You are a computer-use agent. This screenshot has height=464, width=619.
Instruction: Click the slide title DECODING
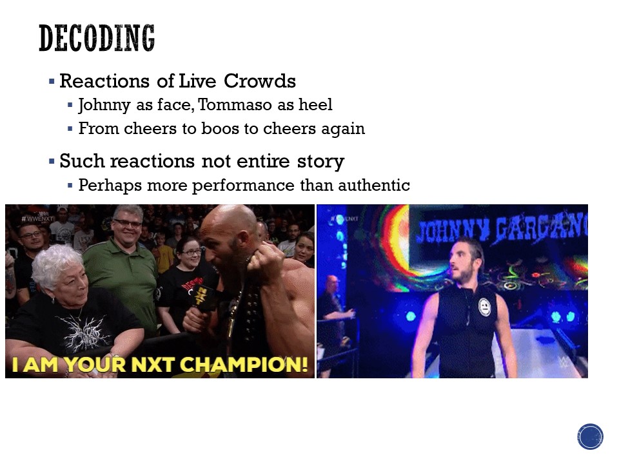point(97,38)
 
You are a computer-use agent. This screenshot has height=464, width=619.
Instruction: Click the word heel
point(315,104)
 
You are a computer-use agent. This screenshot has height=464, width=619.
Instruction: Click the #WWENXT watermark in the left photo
point(37,218)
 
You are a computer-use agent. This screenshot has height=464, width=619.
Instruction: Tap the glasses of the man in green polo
point(127,224)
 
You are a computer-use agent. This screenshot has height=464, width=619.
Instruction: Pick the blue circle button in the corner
point(590,436)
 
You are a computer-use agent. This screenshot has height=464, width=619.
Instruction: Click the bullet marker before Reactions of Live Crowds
point(52,82)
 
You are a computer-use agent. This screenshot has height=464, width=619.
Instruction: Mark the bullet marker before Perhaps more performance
point(70,185)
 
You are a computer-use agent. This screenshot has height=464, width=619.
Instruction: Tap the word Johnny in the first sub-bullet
point(104,105)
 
